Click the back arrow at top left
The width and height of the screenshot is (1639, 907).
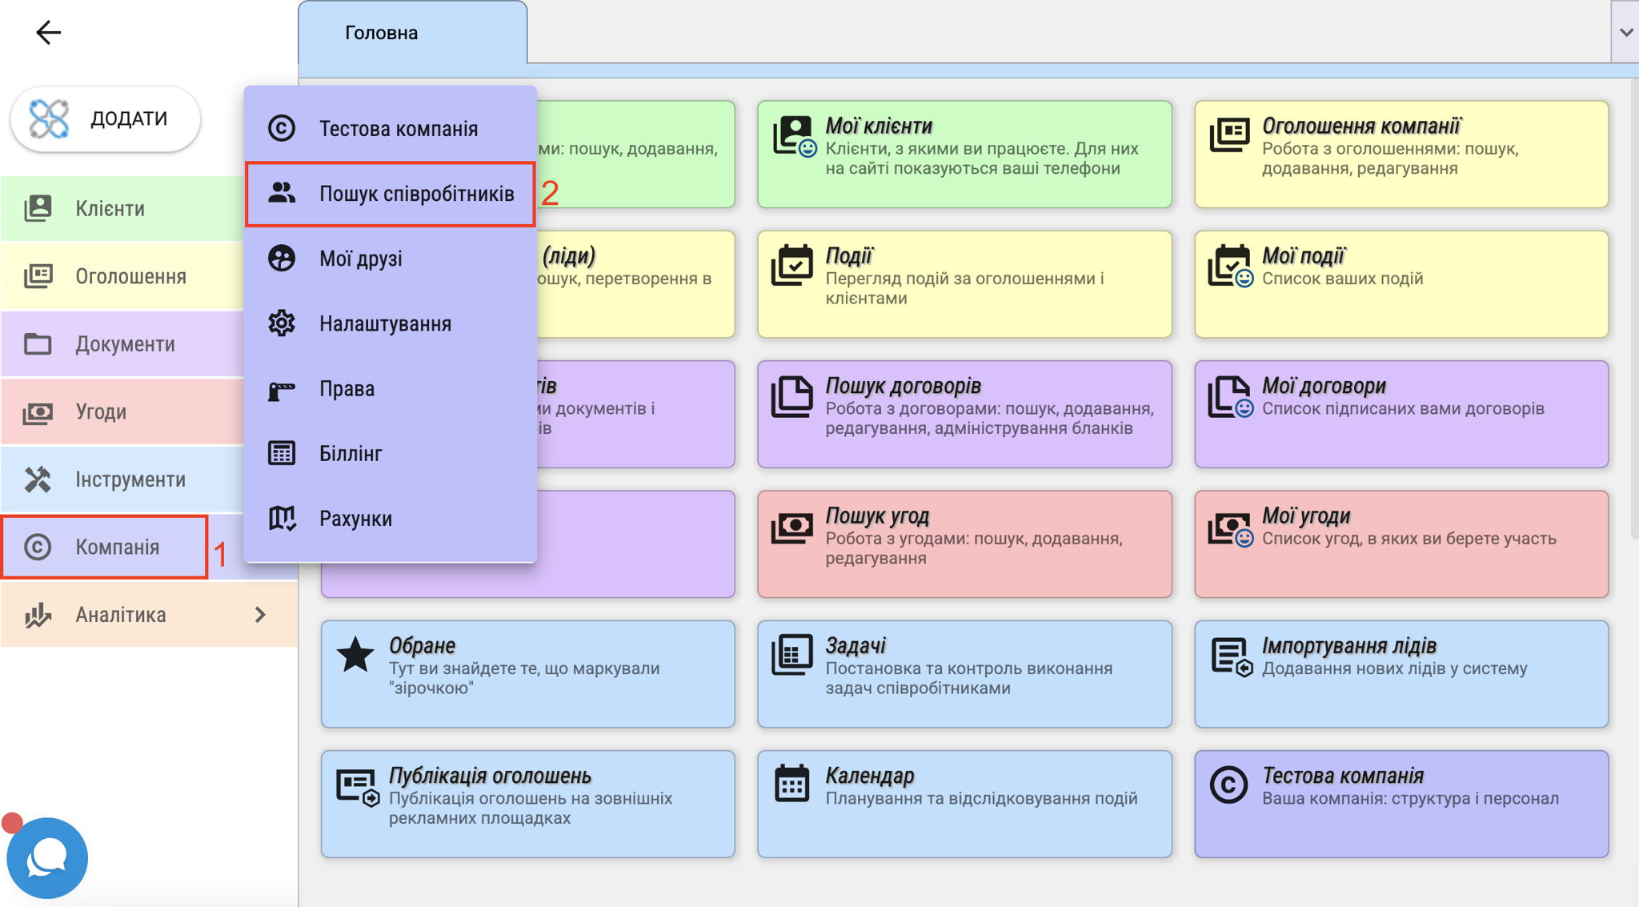click(48, 32)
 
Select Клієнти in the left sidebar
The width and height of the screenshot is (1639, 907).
click(110, 209)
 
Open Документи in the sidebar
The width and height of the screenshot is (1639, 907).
click(125, 344)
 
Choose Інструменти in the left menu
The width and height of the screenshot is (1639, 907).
click(130, 480)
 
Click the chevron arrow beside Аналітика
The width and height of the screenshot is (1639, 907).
click(260, 615)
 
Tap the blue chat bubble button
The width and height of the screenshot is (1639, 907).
click(47, 858)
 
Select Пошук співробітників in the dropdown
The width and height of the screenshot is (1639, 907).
click(416, 194)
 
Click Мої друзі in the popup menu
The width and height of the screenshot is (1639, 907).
click(360, 259)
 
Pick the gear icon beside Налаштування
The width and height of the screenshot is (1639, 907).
click(282, 323)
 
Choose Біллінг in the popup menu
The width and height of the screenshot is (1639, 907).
click(351, 454)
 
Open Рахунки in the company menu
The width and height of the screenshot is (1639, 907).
click(355, 519)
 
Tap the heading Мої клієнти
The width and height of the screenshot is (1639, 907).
click(879, 126)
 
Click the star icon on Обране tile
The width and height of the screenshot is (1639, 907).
click(355, 655)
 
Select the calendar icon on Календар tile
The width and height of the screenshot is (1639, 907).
click(792, 783)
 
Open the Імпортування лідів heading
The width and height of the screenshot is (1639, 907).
click(1349, 646)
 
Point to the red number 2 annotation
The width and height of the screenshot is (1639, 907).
click(550, 193)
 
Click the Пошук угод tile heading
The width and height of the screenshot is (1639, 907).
click(877, 516)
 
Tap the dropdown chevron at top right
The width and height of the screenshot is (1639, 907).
click(1625, 32)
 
